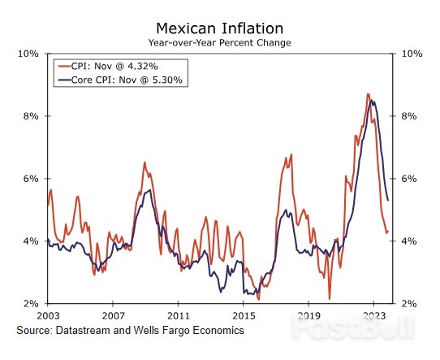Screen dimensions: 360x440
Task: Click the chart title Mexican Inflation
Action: (219, 28)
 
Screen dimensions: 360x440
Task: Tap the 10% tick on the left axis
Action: (28, 54)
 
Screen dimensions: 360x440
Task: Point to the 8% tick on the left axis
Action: (31, 116)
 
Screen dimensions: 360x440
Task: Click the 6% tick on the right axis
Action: (408, 179)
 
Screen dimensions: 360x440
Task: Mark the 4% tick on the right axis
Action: (408, 241)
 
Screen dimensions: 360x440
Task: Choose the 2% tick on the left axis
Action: (31, 303)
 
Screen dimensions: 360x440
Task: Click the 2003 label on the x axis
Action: (48, 314)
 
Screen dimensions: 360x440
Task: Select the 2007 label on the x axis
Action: (113, 314)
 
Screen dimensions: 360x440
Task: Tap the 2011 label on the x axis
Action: (178, 314)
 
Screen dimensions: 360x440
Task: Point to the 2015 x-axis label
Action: (243, 314)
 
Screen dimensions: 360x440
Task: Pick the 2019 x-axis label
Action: (308, 314)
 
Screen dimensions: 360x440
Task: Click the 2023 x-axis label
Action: (373, 314)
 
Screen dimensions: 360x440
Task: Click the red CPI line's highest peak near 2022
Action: (368, 94)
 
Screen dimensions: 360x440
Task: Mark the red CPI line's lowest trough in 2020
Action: (329, 298)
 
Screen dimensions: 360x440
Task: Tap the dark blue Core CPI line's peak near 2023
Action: (373, 101)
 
